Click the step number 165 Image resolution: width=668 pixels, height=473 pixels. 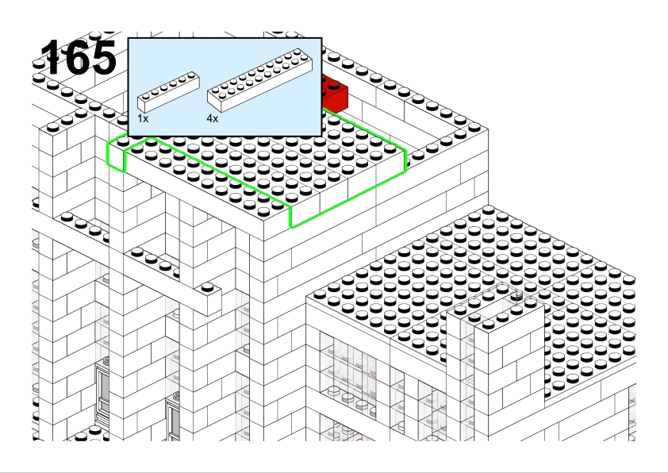79,57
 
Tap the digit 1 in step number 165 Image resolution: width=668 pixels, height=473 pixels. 51,57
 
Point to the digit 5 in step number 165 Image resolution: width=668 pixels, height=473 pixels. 103,57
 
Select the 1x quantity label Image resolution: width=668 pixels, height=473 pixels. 143,118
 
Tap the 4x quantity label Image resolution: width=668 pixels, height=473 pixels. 212,118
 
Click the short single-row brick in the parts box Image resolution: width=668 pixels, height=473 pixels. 168,91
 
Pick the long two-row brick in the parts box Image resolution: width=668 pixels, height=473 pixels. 260,79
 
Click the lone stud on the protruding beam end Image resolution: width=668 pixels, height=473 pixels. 208,287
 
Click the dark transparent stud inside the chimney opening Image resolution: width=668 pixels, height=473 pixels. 516,296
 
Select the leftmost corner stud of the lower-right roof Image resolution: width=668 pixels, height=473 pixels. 320,294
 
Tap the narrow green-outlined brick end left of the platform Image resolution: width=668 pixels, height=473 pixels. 116,153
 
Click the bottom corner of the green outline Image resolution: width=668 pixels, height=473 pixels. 291,228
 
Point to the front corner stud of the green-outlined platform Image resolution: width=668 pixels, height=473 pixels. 263,211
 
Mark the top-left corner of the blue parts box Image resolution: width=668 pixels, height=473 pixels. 129,38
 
